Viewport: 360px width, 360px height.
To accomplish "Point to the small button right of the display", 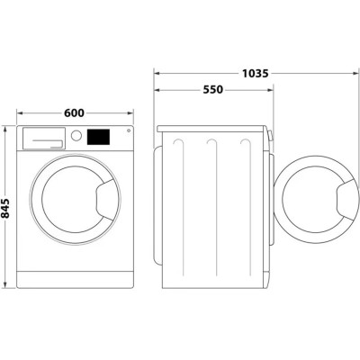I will (128, 132).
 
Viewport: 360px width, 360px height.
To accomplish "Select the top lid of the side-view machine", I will (212, 126).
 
